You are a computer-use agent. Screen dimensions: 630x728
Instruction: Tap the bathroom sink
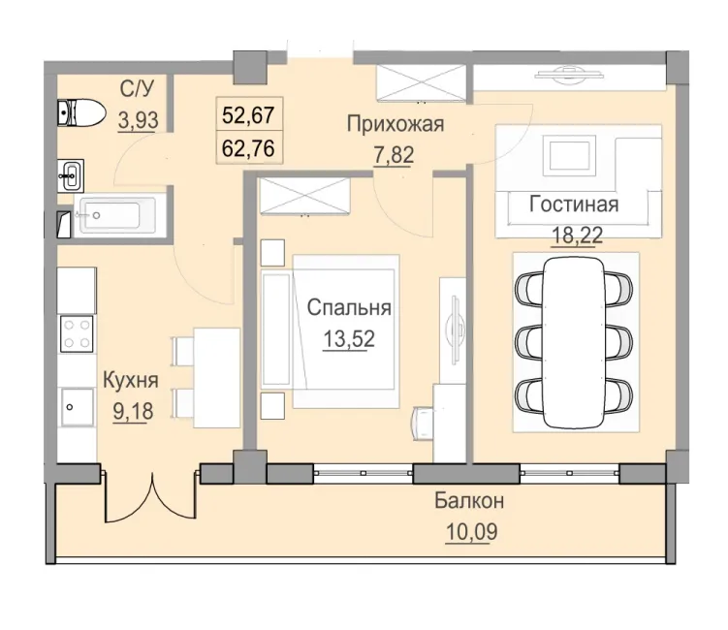click(72, 176)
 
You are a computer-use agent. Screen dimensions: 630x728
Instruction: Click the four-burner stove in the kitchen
click(78, 334)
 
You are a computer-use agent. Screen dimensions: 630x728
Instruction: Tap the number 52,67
click(250, 116)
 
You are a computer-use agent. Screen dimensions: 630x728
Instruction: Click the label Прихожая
click(396, 123)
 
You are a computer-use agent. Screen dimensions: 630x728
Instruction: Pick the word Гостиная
click(573, 205)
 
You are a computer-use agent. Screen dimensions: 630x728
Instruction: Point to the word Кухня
click(131, 381)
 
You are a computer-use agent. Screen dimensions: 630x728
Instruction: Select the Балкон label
click(469, 502)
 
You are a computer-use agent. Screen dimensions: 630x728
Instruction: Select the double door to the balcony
click(152, 495)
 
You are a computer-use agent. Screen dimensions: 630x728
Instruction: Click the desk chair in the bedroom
click(425, 419)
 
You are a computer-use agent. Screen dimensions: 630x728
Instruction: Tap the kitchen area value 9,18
click(134, 410)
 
